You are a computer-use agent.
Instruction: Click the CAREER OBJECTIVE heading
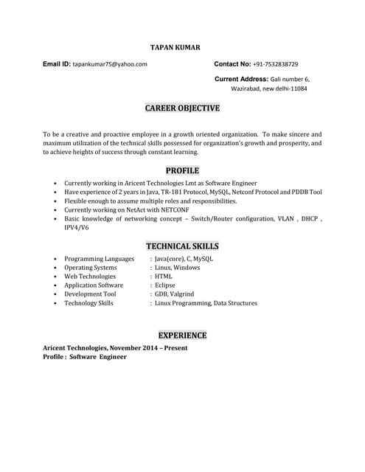[182, 108]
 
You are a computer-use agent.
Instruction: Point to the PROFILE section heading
[182, 170]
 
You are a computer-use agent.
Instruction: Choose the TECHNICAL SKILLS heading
[182, 246]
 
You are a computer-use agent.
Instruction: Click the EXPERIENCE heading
[182, 335]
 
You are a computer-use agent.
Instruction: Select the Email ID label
[56, 64]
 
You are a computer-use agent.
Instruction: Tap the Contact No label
[232, 64]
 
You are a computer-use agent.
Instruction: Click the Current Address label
[241, 78]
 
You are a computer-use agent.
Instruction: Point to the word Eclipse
[164, 285]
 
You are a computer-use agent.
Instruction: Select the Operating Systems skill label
[90, 268]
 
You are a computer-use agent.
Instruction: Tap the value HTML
[163, 277]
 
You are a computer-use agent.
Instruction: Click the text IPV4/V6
[77, 228]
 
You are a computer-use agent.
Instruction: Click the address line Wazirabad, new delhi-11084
[269, 88]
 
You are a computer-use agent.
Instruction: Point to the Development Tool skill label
[90, 294]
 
